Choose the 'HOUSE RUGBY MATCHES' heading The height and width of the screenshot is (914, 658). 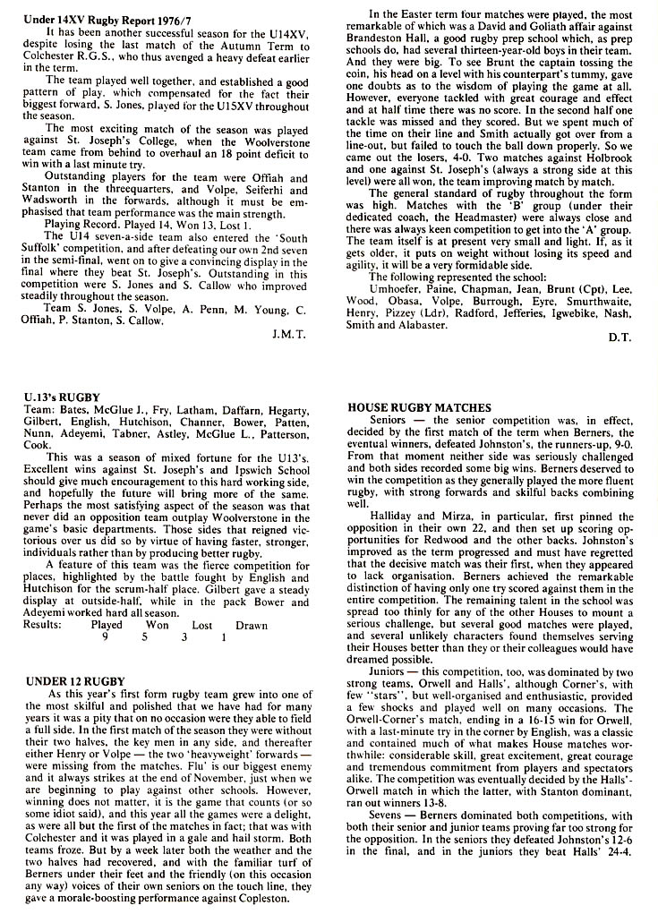tap(419, 407)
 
